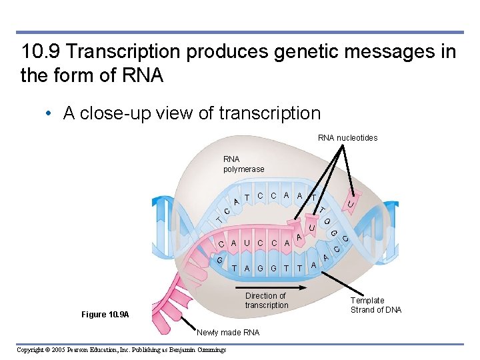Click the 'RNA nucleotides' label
(347, 138)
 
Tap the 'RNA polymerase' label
(243, 164)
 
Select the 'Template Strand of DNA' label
(376, 305)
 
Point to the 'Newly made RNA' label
(229, 332)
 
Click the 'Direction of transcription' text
(266, 301)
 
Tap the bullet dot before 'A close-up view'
(50, 114)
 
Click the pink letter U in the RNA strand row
(247, 244)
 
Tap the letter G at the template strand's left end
(220, 259)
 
